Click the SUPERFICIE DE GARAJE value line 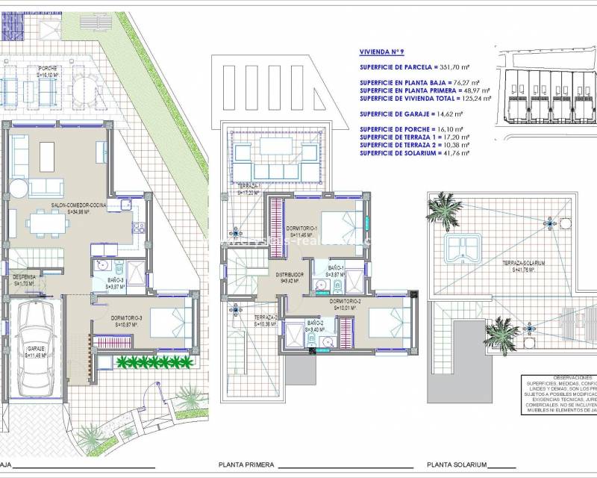411,114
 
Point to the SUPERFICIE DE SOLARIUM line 414,153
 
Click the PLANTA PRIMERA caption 246,465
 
